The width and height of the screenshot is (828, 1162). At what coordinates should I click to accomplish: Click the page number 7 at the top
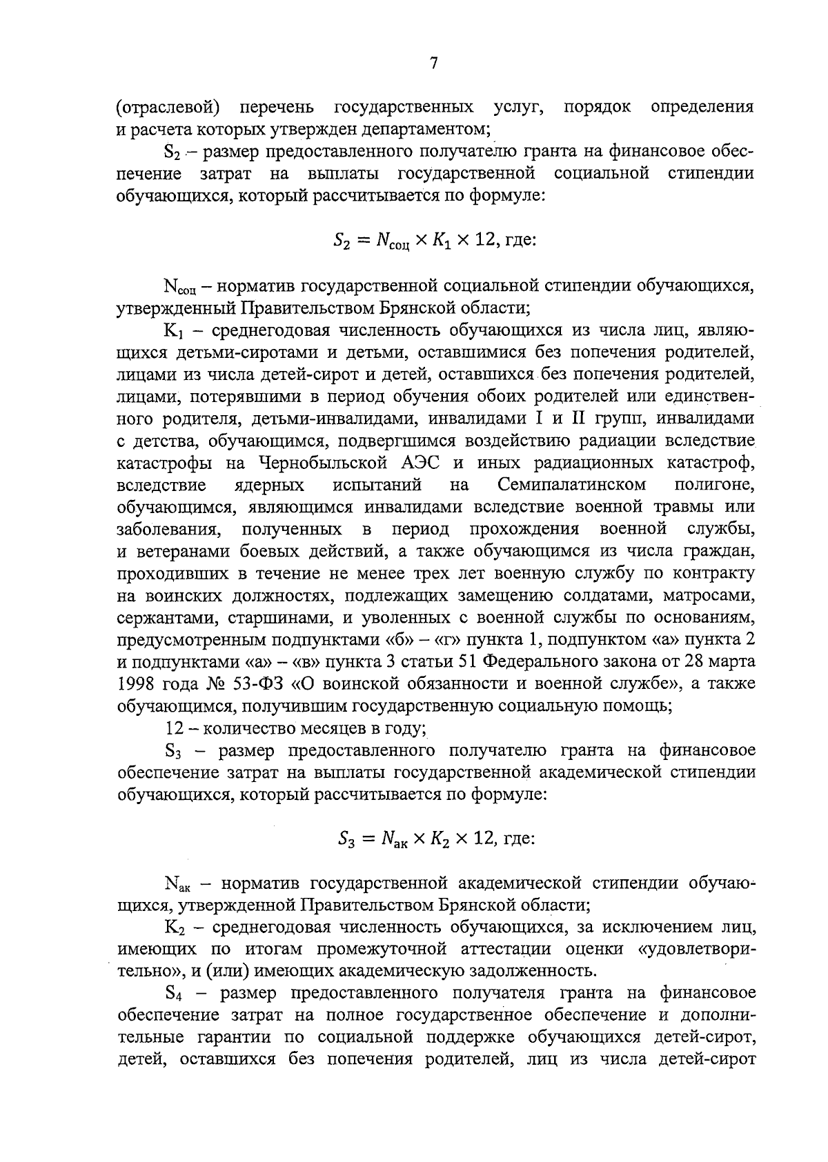click(x=433, y=64)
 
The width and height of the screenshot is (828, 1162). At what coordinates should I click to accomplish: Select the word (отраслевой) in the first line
click(x=168, y=108)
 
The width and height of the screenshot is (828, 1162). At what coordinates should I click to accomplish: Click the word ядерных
click(x=268, y=485)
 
